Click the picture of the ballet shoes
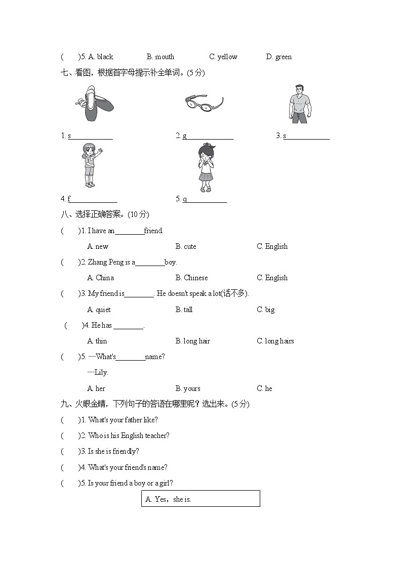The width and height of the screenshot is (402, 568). pos(94,103)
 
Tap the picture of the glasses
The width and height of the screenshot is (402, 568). pos(204,103)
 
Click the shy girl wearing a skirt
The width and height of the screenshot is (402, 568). pos(205,167)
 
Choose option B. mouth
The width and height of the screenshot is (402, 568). pos(160,57)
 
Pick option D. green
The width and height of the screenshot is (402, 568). pos(278,57)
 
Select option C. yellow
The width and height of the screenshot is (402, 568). pos(223,57)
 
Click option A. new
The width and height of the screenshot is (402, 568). pos(98,246)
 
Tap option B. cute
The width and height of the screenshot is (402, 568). pos(186,246)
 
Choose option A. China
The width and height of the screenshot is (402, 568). pos(100,278)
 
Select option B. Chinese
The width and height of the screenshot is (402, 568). pos(191,278)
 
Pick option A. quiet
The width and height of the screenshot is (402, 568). pos(99,310)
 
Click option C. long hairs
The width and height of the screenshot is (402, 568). pos(275,341)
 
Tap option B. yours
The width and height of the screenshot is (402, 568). pos(188,388)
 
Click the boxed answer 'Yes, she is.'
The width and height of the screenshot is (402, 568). pos(200,499)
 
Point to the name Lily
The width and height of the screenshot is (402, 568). pos(101,372)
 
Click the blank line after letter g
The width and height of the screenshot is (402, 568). pos(210,136)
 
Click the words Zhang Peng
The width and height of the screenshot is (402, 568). pos(105,262)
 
